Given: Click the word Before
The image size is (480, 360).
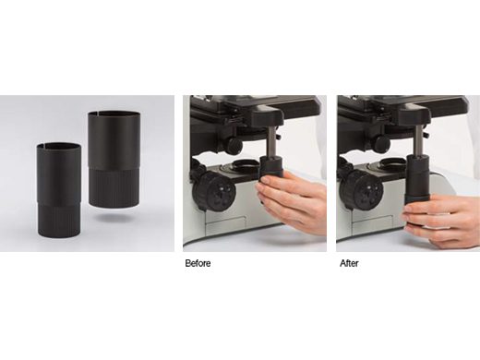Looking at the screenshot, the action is click(198, 263).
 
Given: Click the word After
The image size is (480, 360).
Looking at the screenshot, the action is click(349, 263).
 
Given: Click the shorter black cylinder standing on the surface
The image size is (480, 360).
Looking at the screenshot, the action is click(59, 190).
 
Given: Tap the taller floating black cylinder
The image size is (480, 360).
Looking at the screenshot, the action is click(114, 159).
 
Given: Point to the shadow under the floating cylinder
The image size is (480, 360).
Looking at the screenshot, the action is click(112, 218).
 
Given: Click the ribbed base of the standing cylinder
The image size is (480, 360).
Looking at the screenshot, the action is click(59, 220).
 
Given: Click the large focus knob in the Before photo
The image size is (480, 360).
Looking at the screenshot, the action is click(215, 192).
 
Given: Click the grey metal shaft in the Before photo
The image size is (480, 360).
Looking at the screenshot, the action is click(271, 143).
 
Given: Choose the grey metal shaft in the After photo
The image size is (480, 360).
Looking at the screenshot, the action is click(417, 141).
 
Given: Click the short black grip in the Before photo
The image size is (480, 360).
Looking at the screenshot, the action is click(271, 170).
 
